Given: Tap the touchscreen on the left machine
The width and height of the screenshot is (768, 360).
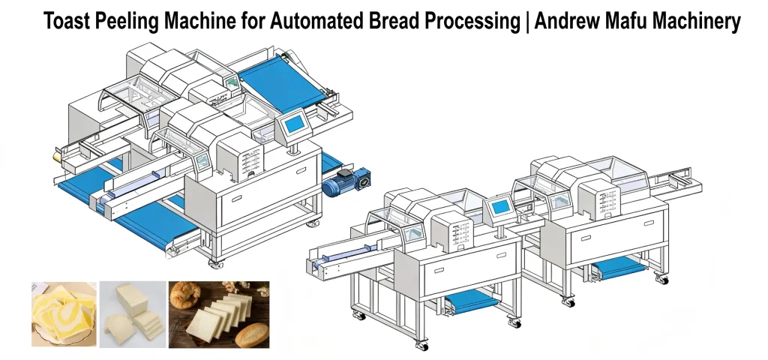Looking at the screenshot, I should (295, 122).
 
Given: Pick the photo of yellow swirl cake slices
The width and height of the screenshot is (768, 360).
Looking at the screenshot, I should (63, 315).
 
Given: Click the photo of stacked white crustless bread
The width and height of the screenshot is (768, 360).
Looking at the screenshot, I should (133, 315).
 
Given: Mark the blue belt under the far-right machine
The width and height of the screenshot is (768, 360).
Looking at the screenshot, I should (619, 265).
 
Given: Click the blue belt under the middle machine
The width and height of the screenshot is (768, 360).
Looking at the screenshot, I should (472, 302).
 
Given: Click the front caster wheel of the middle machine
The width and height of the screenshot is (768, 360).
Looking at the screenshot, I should (423, 346).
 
